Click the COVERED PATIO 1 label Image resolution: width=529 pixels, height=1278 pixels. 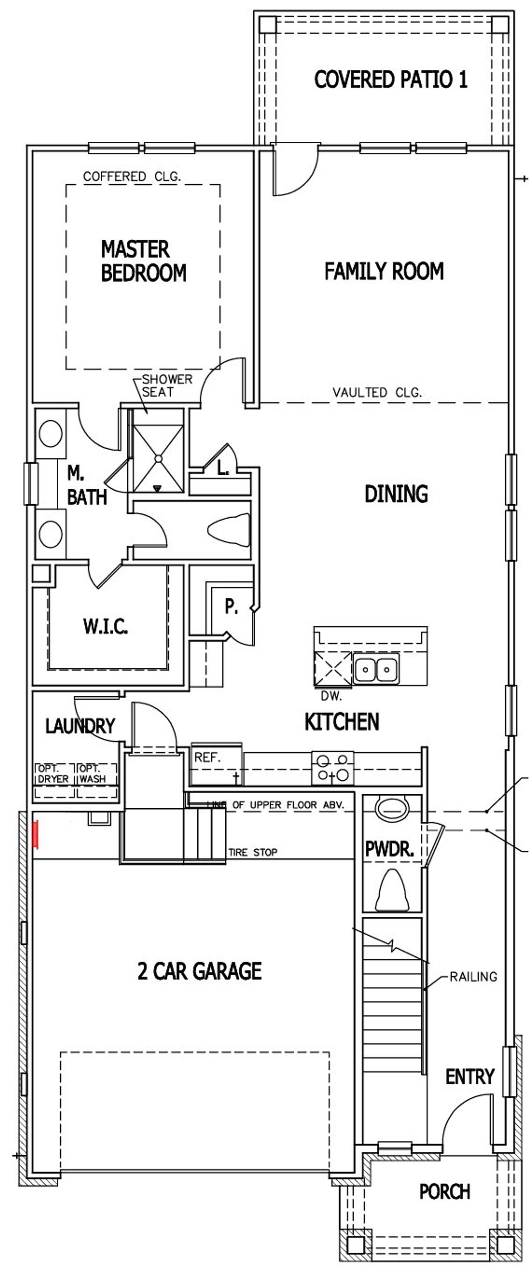(x=391, y=79)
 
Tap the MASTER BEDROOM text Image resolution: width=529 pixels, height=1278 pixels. (x=143, y=261)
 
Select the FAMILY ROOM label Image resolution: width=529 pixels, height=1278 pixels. (x=384, y=271)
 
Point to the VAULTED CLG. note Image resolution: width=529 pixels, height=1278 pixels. (x=376, y=393)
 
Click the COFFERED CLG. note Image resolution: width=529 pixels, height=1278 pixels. (x=131, y=176)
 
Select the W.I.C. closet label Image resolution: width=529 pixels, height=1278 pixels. (x=105, y=626)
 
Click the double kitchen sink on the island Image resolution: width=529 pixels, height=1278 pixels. (x=376, y=669)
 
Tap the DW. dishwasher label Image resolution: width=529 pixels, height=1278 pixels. (x=331, y=696)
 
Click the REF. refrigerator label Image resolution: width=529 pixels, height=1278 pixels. (x=207, y=757)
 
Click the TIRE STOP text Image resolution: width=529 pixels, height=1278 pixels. (x=253, y=852)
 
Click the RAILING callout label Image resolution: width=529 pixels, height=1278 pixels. (x=473, y=976)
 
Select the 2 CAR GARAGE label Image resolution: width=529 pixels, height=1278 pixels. (x=200, y=971)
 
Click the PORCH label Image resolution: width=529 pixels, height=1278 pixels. (x=444, y=1191)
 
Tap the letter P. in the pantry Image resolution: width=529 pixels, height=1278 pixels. (x=231, y=606)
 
